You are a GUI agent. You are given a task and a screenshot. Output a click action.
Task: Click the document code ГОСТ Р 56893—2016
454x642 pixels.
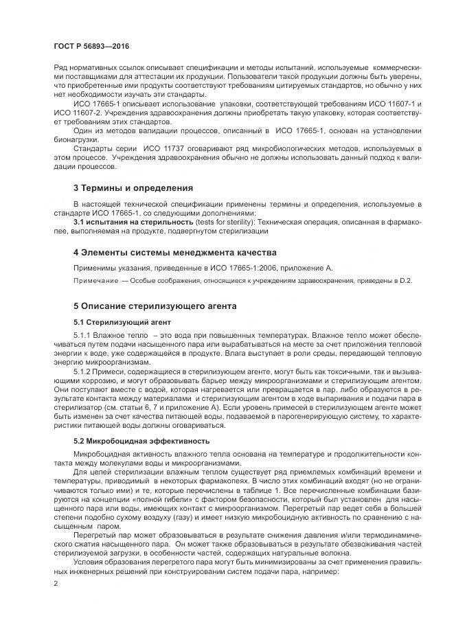[x=91, y=46]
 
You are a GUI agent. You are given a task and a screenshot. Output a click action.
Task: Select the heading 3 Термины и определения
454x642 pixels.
[x=133, y=187]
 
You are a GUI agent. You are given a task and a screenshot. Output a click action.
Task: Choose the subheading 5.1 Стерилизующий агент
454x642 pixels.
[x=117, y=321]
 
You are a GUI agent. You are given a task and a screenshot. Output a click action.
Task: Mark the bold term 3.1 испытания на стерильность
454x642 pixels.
[x=128, y=222]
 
